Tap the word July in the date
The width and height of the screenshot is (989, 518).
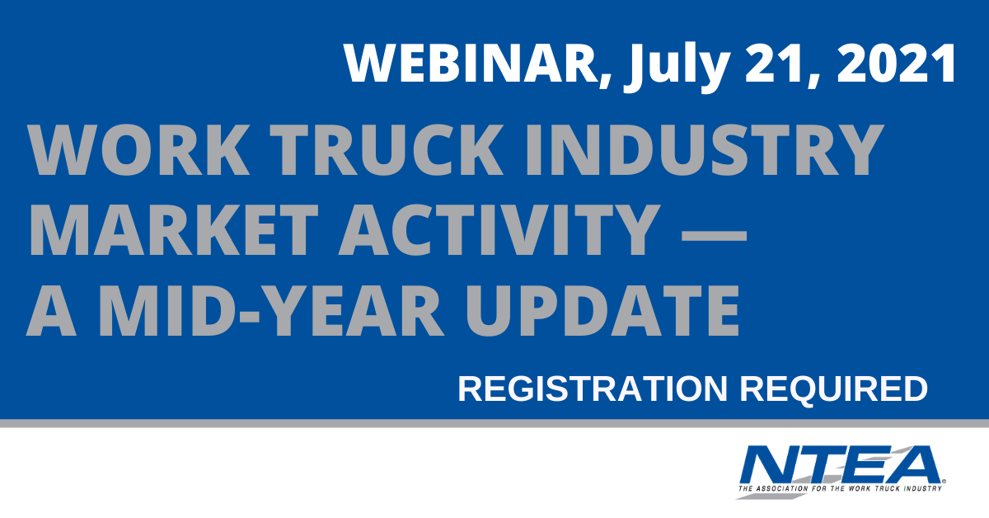pyautogui.click(x=675, y=67)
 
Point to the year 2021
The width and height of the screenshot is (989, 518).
pyautogui.click(x=896, y=64)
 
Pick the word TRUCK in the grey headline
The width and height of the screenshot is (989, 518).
pyautogui.click(x=387, y=150)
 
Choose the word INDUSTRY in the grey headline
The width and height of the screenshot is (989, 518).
pyautogui.click(x=704, y=150)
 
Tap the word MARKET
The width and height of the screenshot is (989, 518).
pyautogui.click(x=173, y=230)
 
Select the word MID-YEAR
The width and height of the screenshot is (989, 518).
pyautogui.click(x=270, y=311)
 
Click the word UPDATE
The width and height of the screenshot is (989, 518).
pyautogui.click(x=602, y=311)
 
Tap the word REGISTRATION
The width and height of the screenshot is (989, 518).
pyautogui.click(x=592, y=389)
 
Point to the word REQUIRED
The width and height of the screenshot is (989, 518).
pyautogui.click(x=833, y=390)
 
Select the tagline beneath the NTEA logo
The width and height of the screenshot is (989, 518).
pyautogui.click(x=840, y=488)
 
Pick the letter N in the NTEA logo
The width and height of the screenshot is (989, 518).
pyautogui.click(x=774, y=464)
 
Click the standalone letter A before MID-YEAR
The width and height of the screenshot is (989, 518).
pyautogui.click(x=51, y=311)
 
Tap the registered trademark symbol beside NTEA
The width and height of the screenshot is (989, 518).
pyautogui.click(x=944, y=481)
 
